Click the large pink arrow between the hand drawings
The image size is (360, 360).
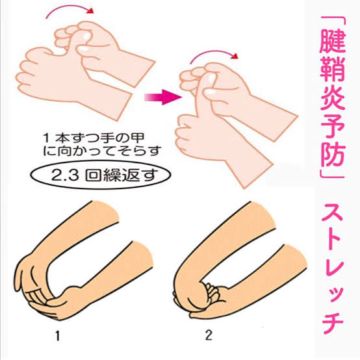click(x=162, y=97)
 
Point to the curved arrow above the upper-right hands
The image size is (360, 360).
click(x=214, y=53)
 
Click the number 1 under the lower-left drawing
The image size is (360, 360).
click(x=58, y=336)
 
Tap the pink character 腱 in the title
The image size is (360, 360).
click(x=332, y=42)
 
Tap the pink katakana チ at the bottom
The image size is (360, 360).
click(x=333, y=322)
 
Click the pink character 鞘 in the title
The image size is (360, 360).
click(x=332, y=70)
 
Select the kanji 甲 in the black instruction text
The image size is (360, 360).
click(x=137, y=138)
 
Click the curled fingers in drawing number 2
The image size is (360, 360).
click(x=212, y=292)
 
